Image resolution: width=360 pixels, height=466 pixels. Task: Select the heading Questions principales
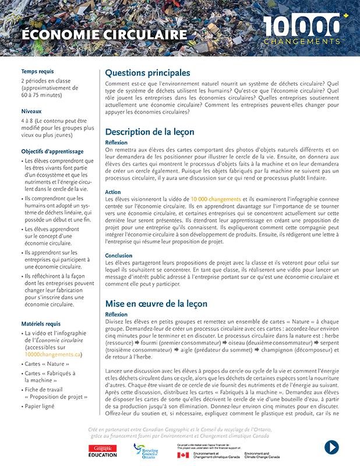point(147,73)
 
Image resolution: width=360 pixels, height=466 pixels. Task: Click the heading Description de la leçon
point(150,132)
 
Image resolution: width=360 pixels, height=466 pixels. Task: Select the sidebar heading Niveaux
point(31,111)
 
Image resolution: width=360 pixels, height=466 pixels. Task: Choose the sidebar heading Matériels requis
point(41,323)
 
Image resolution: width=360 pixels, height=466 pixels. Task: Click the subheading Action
point(113,192)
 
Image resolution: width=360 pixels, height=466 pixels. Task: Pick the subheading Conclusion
point(119,256)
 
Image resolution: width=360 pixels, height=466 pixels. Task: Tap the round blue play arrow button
point(331,447)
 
